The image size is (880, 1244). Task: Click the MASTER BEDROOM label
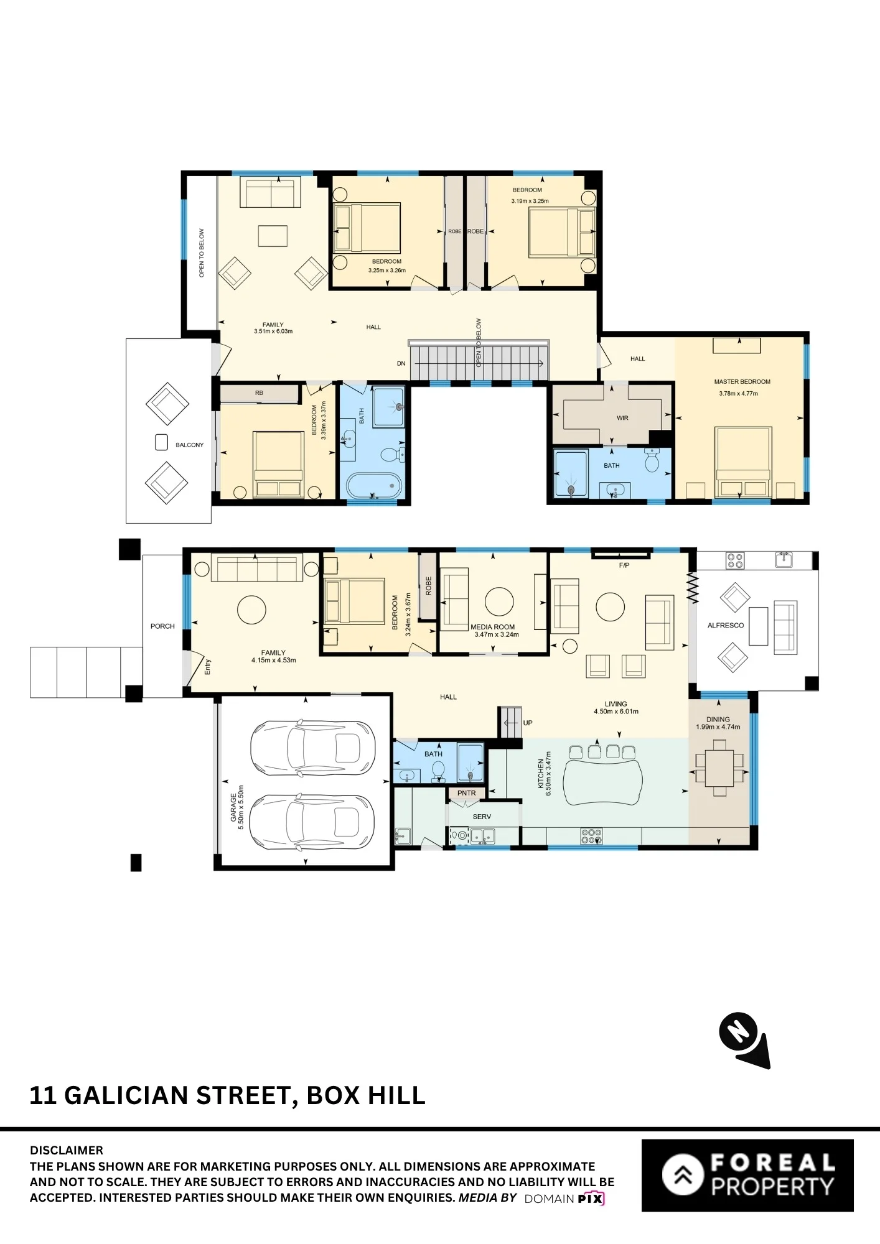click(742, 381)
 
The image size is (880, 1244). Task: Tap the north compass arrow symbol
click(745, 1040)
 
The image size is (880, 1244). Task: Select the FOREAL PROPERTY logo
click(747, 1175)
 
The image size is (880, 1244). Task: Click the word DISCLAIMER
click(67, 1150)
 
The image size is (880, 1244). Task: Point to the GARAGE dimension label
click(237, 807)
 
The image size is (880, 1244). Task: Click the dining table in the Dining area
click(719, 768)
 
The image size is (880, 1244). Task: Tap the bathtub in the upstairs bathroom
click(373, 486)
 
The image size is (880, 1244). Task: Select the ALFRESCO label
click(726, 625)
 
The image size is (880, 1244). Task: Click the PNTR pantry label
click(466, 793)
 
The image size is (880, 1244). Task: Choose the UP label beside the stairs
click(528, 723)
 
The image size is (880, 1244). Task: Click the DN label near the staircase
click(401, 363)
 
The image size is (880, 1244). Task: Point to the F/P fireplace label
click(624, 565)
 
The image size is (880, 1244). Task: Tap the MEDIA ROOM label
click(493, 627)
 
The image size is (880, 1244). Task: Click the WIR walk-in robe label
click(622, 418)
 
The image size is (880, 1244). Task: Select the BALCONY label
click(189, 445)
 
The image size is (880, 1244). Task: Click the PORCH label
click(162, 626)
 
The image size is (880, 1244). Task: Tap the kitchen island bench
click(602, 782)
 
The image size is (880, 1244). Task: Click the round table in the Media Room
click(499, 601)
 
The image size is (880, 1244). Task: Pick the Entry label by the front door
click(208, 667)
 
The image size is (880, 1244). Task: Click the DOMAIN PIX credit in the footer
click(564, 1199)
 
